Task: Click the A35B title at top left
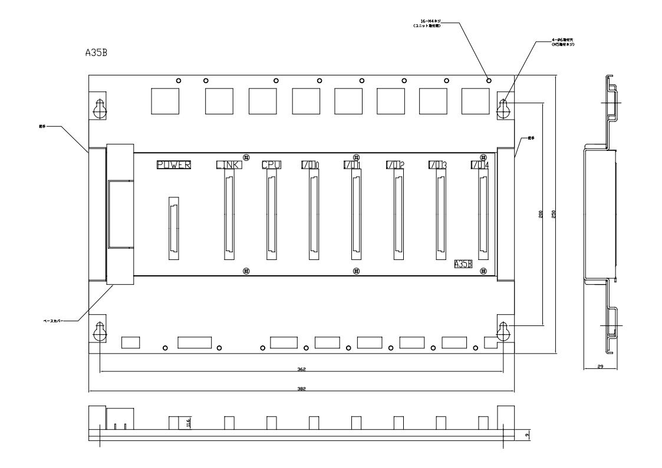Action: [97, 52]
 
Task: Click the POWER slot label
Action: [174, 165]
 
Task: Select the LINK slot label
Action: [228, 165]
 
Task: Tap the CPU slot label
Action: [271, 165]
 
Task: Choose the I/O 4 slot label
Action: [480, 165]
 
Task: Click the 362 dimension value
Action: [301, 369]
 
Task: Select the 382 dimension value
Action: [301, 389]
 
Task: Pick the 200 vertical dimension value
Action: [541, 215]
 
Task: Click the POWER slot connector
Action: [174, 228]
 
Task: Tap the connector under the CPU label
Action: [271, 218]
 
